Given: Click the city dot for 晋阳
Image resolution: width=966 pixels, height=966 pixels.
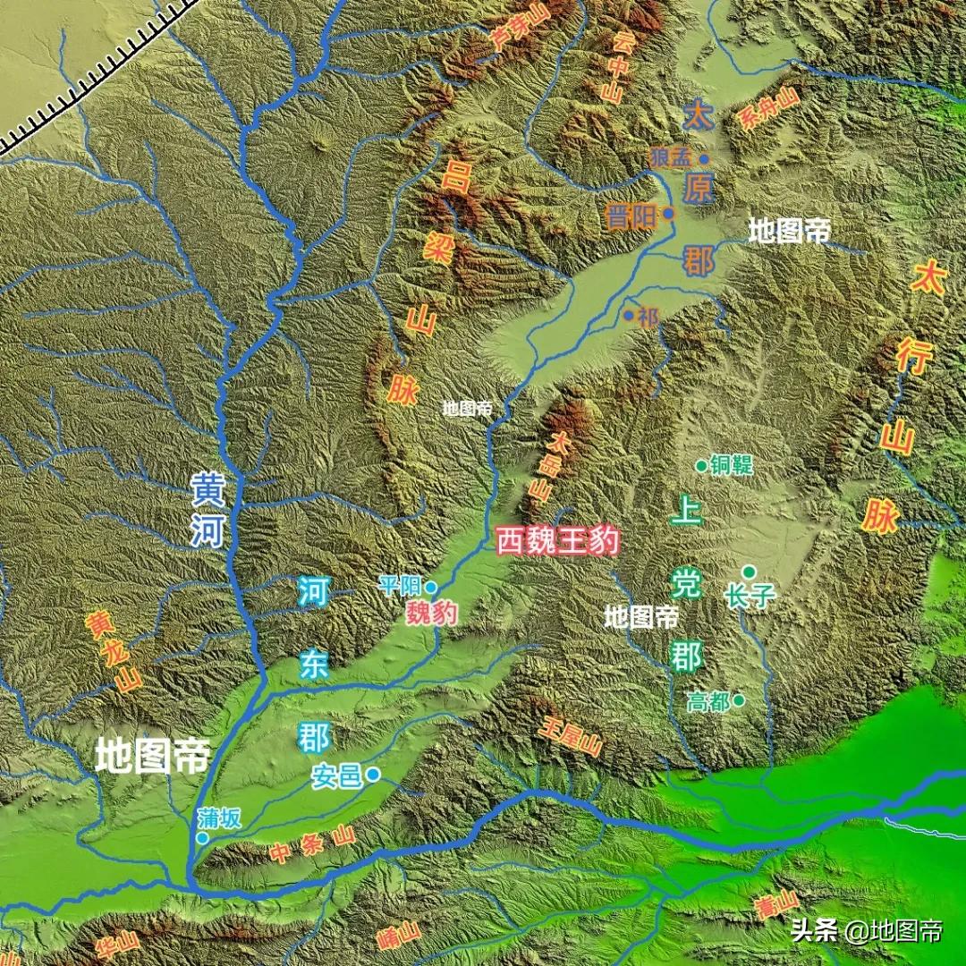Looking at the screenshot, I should [669, 214].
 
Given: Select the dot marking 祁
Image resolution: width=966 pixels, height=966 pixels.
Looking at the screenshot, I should [629, 315].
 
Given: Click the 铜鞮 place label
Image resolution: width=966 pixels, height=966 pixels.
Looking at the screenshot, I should [732, 465].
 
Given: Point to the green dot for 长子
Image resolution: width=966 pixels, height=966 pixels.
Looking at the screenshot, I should [749, 572].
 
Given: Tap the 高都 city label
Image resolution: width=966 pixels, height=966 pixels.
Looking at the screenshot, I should [708, 702].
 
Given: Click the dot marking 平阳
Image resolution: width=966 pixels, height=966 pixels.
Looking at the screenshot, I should [431, 587].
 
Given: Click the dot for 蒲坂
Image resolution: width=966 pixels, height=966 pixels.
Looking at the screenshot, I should [203, 838].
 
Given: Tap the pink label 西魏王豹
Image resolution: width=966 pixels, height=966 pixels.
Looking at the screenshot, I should [557, 542].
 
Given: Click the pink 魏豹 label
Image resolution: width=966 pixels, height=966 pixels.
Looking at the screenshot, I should [432, 614].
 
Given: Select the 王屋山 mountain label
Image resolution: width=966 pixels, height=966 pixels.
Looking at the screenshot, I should [570, 735].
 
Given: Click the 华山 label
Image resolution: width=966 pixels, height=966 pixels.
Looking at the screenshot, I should [117, 942].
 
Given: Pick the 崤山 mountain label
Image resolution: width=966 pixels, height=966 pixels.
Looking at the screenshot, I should [399, 936].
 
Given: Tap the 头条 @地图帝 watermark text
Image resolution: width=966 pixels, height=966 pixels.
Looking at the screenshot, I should [866, 931].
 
